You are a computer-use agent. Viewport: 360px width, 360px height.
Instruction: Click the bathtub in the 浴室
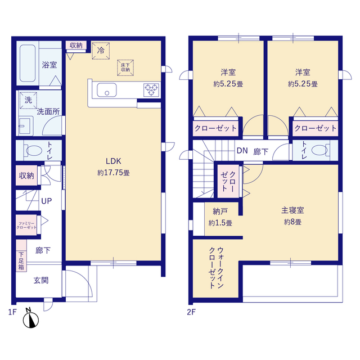pyautogui.click(x=28, y=63)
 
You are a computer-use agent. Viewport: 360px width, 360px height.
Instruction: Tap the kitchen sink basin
pyautogui.click(x=106, y=90)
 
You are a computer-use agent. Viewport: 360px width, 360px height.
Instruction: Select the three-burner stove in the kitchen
pyautogui.click(x=151, y=90)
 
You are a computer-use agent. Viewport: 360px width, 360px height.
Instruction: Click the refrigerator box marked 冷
pyautogui.click(x=101, y=51)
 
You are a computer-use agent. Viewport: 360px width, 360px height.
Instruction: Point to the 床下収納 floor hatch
pyautogui.click(x=125, y=67)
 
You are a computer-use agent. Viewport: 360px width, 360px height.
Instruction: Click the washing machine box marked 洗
pyautogui.click(x=28, y=100)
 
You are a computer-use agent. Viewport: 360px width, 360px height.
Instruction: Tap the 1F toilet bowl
pyautogui.click(x=34, y=151)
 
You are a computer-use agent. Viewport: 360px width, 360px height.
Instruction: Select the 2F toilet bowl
pyautogui.click(x=320, y=150)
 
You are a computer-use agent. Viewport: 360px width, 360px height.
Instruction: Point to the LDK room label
pyautogui.click(x=114, y=161)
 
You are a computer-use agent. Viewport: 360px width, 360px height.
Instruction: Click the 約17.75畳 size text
pyautogui.click(x=114, y=173)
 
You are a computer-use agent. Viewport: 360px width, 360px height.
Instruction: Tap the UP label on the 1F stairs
pyautogui.click(x=46, y=201)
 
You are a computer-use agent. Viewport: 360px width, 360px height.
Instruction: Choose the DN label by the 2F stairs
pyautogui.click(x=242, y=151)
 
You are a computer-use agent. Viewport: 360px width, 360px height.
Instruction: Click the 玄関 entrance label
pyautogui.click(x=41, y=280)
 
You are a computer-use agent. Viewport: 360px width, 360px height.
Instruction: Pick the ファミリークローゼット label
pyautogui.click(x=26, y=225)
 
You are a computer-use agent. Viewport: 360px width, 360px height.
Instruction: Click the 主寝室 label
pyautogui.click(x=292, y=210)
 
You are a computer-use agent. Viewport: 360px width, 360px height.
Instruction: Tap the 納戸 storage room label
pyautogui.click(x=220, y=211)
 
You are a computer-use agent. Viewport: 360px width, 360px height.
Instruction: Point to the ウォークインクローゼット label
pyautogui.click(x=216, y=268)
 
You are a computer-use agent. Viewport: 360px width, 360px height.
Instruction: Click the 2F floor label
pyautogui.click(x=191, y=312)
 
